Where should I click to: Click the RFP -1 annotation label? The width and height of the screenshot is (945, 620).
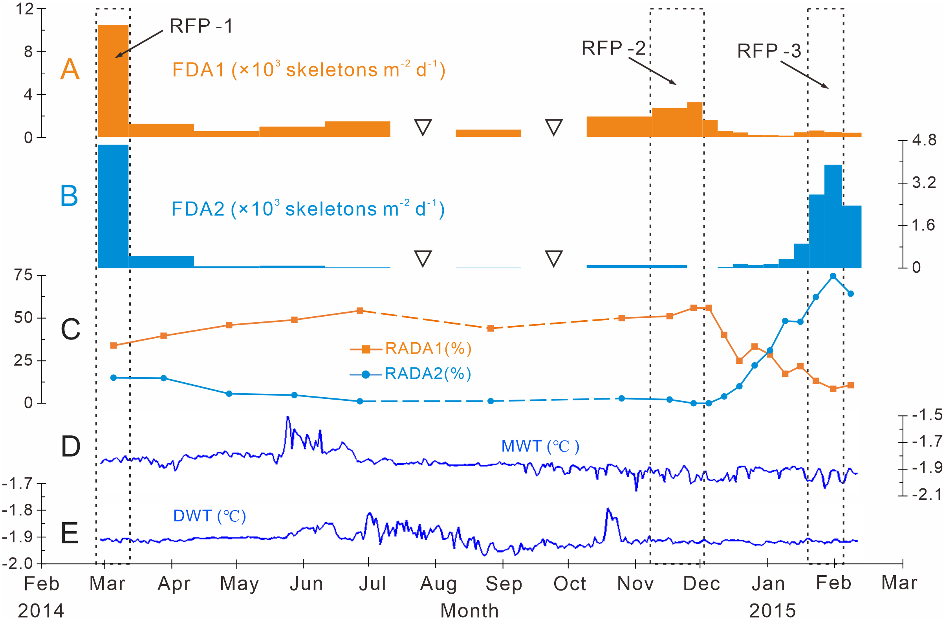pyautogui.click(x=201, y=26)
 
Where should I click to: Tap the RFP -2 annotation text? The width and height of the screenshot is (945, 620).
pyautogui.click(x=614, y=48)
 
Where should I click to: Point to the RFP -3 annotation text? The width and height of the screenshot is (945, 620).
pyautogui.click(x=769, y=51)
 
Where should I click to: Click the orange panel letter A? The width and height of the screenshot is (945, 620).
pyautogui.click(x=70, y=70)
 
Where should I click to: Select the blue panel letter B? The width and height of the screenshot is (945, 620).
pyautogui.click(x=69, y=196)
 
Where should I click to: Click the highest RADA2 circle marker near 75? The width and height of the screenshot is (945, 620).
pyautogui.click(x=833, y=276)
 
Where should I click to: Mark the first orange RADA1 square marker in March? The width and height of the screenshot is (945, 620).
pyautogui.click(x=114, y=345)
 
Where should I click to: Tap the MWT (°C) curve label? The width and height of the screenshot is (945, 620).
pyautogui.click(x=540, y=446)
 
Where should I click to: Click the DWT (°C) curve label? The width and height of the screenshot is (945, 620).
pyautogui.click(x=209, y=516)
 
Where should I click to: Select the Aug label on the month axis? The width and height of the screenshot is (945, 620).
pyautogui.click(x=438, y=583)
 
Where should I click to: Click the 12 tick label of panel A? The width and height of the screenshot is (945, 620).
pyautogui.click(x=25, y=9)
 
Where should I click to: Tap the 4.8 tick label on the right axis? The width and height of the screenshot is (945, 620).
pyautogui.click(x=924, y=140)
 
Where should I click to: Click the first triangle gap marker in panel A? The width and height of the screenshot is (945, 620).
pyautogui.click(x=423, y=127)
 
